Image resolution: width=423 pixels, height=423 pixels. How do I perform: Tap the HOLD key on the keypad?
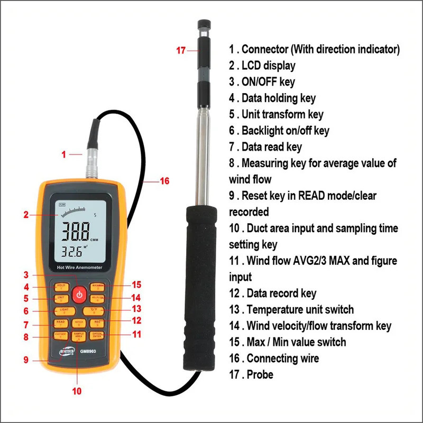pyautogui.click(x=61, y=286)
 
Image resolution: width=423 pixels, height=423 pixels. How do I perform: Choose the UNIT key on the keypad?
pyautogui.click(x=61, y=298)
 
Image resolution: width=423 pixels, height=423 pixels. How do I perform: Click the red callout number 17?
pyautogui.click(x=181, y=51)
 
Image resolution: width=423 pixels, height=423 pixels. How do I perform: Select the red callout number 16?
pyautogui.click(x=164, y=181)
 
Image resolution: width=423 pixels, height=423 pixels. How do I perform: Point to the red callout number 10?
pyautogui.click(x=78, y=392)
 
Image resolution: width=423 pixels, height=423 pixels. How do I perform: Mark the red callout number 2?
pyautogui.click(x=25, y=215)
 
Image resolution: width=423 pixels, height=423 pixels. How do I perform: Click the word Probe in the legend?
pyautogui.click(x=260, y=374)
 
